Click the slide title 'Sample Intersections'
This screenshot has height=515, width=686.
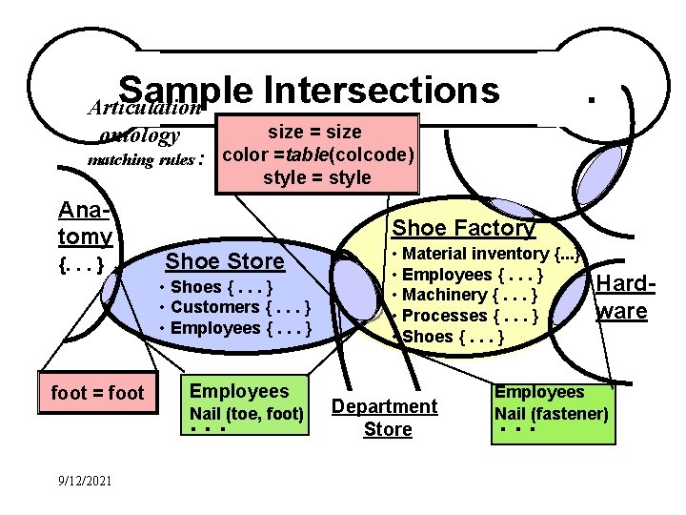point(310,91)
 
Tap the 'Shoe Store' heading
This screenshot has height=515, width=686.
point(225,261)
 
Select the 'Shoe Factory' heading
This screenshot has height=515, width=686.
point(464,228)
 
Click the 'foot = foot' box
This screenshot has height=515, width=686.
point(97,393)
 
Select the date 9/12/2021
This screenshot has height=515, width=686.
point(83,480)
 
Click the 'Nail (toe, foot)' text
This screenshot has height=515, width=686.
point(247,414)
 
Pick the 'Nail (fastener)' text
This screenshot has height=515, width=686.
point(551,414)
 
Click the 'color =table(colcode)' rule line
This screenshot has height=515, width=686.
point(317,154)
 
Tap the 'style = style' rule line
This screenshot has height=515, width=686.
point(317,177)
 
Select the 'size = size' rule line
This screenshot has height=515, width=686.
point(317,132)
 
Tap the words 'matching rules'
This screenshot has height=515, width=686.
point(141,159)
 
